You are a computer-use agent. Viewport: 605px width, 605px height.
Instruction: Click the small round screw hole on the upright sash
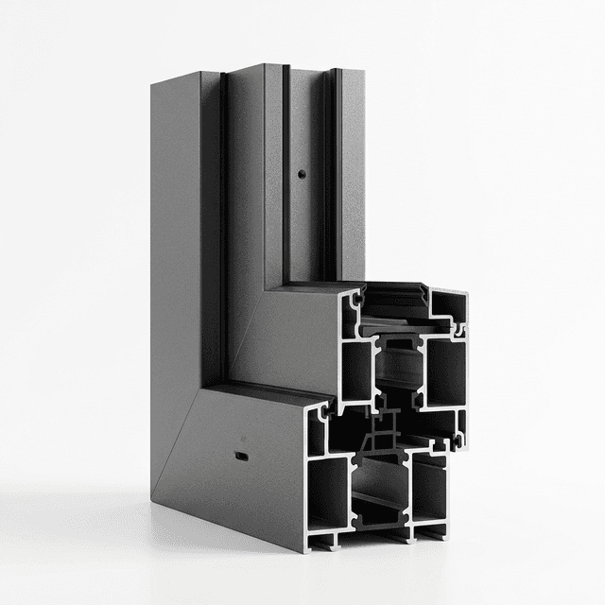[300, 175]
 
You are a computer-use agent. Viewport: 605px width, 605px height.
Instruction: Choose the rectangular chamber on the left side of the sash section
[356, 369]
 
